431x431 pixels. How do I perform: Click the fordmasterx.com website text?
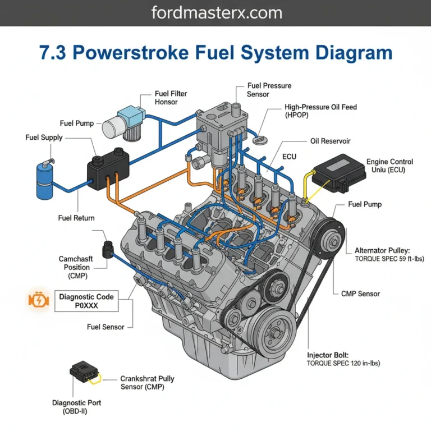coord(215,12)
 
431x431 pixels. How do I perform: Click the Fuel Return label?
coord(76,218)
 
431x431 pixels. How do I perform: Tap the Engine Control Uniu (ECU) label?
coord(389,166)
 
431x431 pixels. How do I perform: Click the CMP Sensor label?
coord(360,294)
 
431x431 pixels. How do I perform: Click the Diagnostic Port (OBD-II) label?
coord(76,407)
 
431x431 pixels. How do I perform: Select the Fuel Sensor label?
coord(106,327)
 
